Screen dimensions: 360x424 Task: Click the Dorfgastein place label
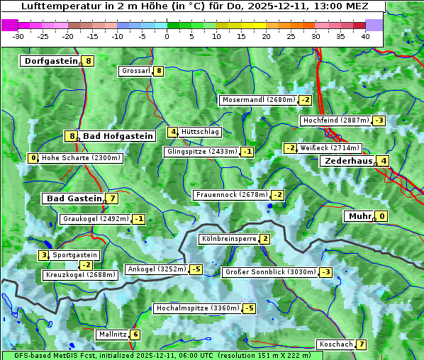50,61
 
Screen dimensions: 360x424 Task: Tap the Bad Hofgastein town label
117,136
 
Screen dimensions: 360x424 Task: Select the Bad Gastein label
74,198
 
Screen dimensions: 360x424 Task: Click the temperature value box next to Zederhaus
383,161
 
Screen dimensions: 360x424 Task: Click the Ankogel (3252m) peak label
157,269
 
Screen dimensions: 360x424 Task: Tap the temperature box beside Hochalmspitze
249,308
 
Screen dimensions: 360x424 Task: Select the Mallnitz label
113,334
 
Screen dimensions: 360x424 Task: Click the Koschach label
336,344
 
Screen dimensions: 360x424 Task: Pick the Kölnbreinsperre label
228,239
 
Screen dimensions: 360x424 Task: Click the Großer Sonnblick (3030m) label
270,272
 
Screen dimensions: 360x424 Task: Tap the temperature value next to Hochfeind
379,120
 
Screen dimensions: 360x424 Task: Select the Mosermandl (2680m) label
258,100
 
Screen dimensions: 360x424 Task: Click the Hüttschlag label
201,132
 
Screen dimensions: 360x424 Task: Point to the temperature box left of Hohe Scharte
33,158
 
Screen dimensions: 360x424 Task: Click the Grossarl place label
136,71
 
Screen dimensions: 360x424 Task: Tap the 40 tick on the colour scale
365,36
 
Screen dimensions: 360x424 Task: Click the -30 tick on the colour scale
18,36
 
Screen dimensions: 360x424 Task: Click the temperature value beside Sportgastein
43,255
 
